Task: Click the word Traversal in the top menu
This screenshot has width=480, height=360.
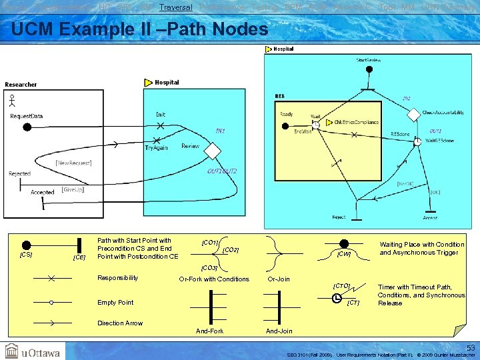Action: [176, 7]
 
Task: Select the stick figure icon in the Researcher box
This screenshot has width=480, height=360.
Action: [11, 101]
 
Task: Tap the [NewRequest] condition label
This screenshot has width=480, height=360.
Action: [73, 163]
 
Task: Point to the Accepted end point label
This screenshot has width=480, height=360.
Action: [42, 192]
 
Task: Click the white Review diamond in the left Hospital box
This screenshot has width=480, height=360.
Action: [211, 151]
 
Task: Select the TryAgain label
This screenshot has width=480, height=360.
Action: [157, 147]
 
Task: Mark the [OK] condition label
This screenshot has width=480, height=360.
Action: [435, 192]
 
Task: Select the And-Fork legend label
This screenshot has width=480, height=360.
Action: [209, 331]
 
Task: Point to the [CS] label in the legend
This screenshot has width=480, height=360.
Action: [26, 255]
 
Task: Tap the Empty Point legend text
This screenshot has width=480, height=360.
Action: [115, 302]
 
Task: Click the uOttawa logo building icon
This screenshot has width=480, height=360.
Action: [12, 351]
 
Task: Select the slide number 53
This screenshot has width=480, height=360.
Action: [470, 348]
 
